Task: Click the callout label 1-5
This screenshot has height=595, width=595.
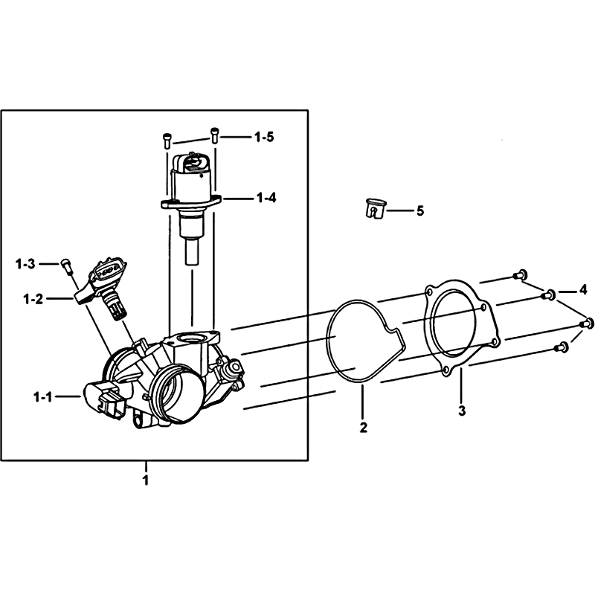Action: pos(264,137)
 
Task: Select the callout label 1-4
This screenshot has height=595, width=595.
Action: pos(266,198)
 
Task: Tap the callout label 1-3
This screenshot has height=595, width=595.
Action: pos(25,264)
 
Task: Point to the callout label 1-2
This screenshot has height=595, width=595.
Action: pos(33,300)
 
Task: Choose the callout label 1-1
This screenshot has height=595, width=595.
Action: pos(43,397)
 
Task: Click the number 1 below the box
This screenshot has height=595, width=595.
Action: pos(145,480)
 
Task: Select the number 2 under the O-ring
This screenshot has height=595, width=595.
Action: pos(364,427)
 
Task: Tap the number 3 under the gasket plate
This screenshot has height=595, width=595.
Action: pos(462,411)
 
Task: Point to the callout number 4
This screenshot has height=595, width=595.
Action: pos(583,290)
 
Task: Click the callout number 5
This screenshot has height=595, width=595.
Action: pos(420,210)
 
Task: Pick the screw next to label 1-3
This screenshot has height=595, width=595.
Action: pos(67,266)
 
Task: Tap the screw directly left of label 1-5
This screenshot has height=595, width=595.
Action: pos(167,140)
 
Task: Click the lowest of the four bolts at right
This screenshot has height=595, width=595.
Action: pos(562,346)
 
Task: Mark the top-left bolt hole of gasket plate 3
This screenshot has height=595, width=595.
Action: pos(429,292)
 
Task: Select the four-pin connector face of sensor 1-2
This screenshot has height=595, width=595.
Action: pos(109,271)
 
